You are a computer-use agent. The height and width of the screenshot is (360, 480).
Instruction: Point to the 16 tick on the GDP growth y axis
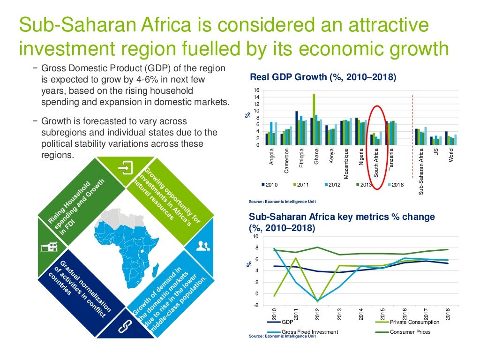(x=256, y=90)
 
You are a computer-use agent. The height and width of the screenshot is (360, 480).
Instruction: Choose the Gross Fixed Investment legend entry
(x=309, y=332)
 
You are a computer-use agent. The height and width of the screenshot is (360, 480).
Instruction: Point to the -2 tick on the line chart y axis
(x=255, y=305)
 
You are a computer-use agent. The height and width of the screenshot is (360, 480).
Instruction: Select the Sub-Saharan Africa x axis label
(x=421, y=171)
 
